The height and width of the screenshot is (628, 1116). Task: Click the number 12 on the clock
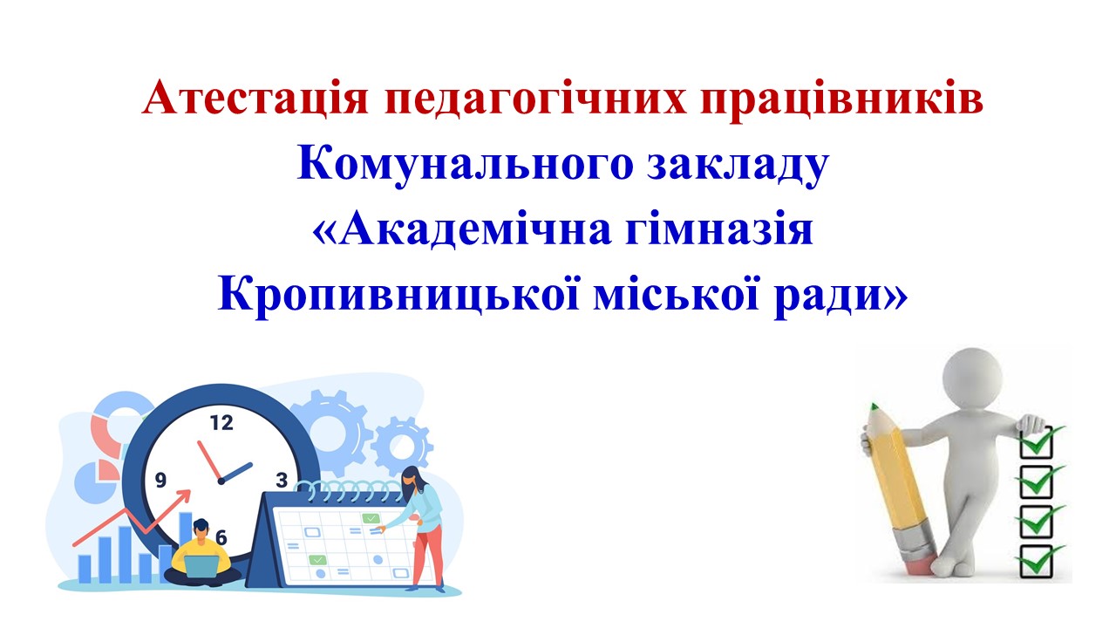click(x=221, y=423)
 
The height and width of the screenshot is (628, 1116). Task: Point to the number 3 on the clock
click(x=281, y=479)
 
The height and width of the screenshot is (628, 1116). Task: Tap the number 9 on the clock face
click(x=160, y=480)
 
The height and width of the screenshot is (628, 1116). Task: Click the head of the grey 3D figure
click(x=975, y=374)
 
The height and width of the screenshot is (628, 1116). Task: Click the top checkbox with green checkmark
click(x=1038, y=441)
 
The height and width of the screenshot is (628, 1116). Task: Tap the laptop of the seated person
click(x=202, y=565)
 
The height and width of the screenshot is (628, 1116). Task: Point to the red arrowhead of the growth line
click(x=186, y=495)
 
